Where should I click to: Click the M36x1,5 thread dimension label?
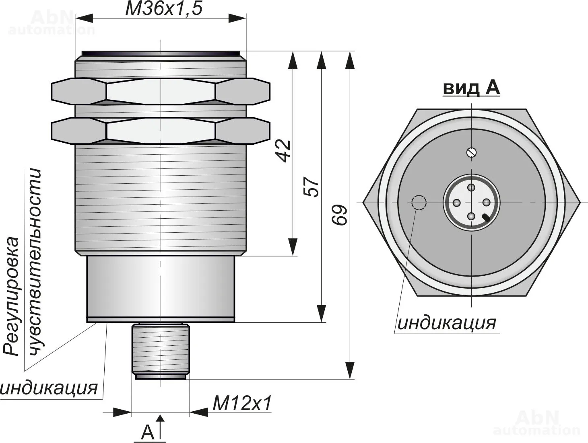(x=164, y=9)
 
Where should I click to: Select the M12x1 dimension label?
(x=242, y=403)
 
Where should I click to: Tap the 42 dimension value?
(x=283, y=151)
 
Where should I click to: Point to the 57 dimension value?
(x=312, y=187)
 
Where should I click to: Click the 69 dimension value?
(x=340, y=215)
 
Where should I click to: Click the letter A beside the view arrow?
(x=148, y=432)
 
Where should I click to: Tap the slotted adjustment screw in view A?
(x=471, y=152)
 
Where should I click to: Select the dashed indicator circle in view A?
(x=419, y=203)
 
